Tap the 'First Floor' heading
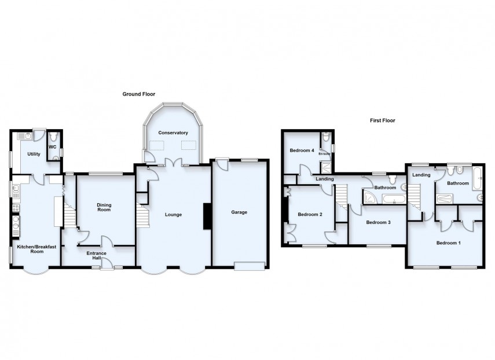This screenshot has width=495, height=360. [x=382, y=120]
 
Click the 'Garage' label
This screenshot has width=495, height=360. [x=239, y=212]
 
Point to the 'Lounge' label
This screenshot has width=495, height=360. [x=173, y=215]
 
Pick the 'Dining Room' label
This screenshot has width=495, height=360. [x=104, y=207]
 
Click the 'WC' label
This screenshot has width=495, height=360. [x=52, y=147]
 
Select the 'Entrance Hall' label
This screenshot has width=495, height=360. [x=96, y=255]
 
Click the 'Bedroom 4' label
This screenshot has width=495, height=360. [x=302, y=150]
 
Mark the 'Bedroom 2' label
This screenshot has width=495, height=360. [x=309, y=214]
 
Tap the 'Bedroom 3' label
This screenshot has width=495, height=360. [x=377, y=222]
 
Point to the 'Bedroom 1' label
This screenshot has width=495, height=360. [x=448, y=243]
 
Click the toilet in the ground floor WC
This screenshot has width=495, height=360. [x=53, y=137]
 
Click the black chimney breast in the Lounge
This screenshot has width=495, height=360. [x=206, y=218]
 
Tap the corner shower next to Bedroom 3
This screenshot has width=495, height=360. [x=369, y=199]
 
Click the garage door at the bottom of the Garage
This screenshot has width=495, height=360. [x=250, y=266]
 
